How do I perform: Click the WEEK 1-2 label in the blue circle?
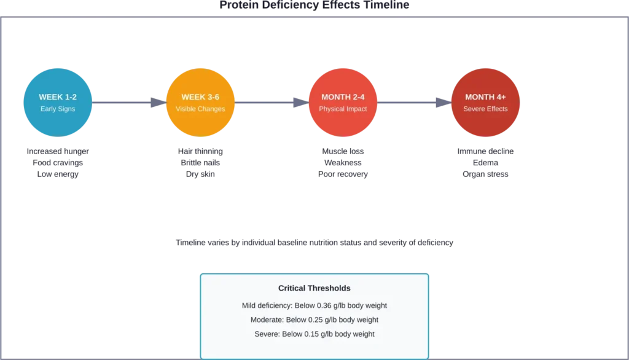pos(58,97)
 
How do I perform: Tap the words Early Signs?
pos(58,109)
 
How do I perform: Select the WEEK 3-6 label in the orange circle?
pos(200,97)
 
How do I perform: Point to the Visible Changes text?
pos(200,109)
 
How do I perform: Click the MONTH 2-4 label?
pos(343,97)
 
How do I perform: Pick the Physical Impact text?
pos(343,109)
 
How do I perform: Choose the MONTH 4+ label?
pos(485,97)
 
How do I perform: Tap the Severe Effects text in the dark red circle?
pos(485,109)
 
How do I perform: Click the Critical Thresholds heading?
pos(314,288)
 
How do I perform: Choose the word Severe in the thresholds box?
pos(267,334)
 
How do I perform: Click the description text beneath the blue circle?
pos(58,163)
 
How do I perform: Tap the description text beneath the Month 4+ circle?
pos(485,163)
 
